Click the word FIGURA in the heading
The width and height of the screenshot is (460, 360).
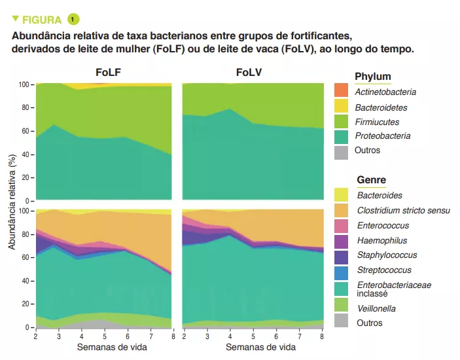(43, 20)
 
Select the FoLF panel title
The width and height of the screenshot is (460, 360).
(107, 73)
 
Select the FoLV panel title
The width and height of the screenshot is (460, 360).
(249, 73)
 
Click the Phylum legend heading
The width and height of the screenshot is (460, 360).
(372, 77)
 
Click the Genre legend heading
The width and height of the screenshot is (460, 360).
(371, 179)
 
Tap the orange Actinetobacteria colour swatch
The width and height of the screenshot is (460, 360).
(341, 92)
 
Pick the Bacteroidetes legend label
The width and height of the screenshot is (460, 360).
(381, 107)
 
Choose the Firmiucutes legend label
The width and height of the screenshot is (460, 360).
(377, 122)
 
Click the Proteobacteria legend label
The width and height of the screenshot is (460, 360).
(383, 136)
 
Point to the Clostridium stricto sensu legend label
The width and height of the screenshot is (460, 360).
(403, 211)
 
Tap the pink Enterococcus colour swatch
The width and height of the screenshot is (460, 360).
(341, 226)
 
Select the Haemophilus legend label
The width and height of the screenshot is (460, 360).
(381, 240)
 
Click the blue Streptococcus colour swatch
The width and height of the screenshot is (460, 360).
(341, 270)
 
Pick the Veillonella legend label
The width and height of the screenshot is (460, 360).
(376, 308)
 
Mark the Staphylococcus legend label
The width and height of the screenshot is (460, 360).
(387, 255)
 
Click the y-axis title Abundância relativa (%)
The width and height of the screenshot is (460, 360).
(12, 203)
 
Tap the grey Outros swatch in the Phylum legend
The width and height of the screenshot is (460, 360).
(341, 151)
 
